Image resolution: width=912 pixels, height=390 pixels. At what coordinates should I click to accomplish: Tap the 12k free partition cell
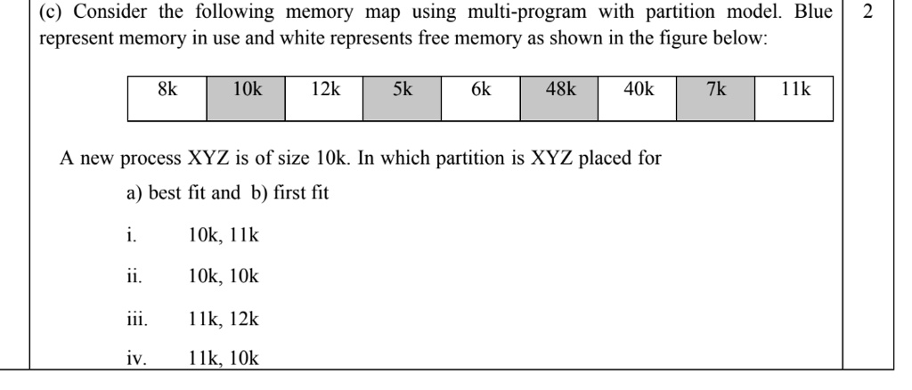[x=323, y=99]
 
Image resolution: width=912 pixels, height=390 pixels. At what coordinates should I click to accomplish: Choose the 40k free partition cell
[x=637, y=99]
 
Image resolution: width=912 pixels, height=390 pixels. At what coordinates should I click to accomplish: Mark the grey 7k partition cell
[x=715, y=99]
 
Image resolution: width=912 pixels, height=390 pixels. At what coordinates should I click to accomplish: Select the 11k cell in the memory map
[x=794, y=99]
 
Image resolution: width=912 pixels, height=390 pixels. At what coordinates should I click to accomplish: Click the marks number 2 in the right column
[x=868, y=18]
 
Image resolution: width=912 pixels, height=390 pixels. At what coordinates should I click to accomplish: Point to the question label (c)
[x=26, y=18]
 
